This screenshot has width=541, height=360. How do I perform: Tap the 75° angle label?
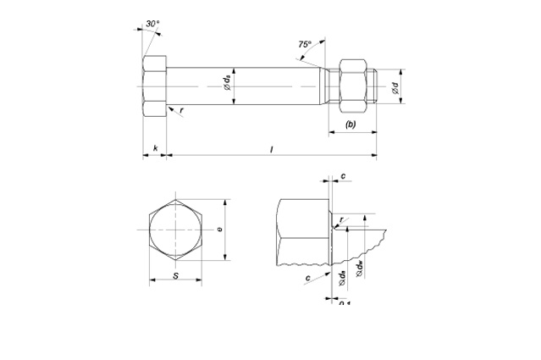point(305,43)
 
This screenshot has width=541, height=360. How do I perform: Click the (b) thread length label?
point(351,125)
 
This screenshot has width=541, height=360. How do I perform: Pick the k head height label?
point(155,149)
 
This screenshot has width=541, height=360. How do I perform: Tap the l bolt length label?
point(271,149)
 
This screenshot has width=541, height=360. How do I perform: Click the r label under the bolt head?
point(181,109)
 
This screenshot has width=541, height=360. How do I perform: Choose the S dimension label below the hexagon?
point(175,275)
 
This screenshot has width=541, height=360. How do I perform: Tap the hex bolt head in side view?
point(155,86)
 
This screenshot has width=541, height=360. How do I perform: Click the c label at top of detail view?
point(342,176)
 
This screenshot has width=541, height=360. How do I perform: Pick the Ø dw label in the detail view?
point(361,267)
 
